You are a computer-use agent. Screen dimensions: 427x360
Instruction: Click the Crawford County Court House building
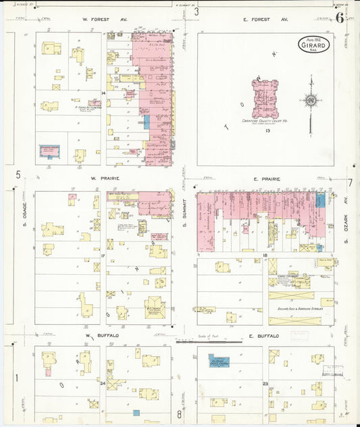[265, 99]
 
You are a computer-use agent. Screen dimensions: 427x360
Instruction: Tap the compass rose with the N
[311, 101]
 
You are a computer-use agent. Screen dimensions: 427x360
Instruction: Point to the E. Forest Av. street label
[265, 20]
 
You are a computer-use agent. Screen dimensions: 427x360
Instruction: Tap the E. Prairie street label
[265, 179]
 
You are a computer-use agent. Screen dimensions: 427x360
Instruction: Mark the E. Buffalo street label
[259, 335]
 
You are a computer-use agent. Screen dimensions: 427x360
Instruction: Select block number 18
[265, 255]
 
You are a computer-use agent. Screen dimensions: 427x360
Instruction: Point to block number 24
[102, 383]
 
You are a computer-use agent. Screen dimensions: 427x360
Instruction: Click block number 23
[265, 383]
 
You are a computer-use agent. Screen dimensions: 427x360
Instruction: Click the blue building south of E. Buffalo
[218, 361]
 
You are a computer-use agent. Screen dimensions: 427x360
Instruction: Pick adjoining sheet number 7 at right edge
[351, 182]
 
